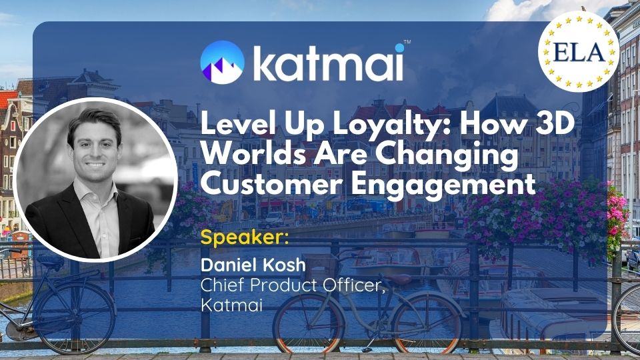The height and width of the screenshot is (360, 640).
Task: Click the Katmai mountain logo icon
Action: [223, 63]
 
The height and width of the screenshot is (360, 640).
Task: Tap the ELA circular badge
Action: [579, 51]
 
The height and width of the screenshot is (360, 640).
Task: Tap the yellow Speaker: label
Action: [245, 238]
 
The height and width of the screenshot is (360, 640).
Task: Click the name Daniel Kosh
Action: [253, 265]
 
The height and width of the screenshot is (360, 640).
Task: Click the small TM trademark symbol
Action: [407, 41]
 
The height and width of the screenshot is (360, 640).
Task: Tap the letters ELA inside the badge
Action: [579, 53]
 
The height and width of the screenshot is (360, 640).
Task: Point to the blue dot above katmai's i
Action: [399, 48]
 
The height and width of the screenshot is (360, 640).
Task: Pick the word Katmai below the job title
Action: [231, 305]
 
